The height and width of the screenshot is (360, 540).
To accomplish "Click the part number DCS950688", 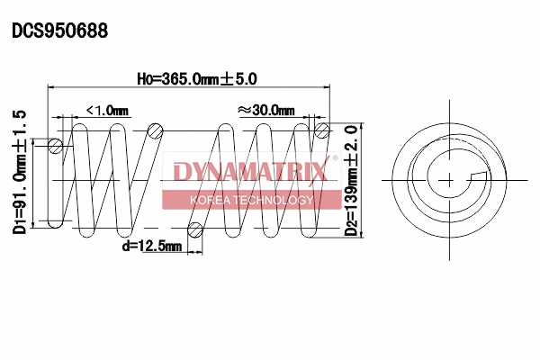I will coord(59,30).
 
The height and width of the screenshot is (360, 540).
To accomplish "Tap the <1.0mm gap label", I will coord(107,110).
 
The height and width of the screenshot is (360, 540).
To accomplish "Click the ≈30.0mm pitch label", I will coord(265,110).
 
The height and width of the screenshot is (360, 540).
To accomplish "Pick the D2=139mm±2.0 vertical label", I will coord(351,180).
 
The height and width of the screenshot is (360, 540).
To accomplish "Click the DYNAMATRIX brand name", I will coord(250,171).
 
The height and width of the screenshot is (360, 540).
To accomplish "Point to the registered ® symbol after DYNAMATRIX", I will coord(336,159).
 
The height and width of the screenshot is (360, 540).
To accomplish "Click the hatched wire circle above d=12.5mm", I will coord(193,229).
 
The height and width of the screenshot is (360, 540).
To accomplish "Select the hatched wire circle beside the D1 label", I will coord(56,146).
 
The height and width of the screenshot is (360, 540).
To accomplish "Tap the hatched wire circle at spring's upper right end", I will coord(321,132).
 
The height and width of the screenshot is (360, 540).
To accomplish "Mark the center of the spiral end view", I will coord(447,178).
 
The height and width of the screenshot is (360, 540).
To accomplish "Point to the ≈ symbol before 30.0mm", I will coord(243,110).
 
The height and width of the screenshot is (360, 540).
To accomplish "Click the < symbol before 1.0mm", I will coord(90,110).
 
